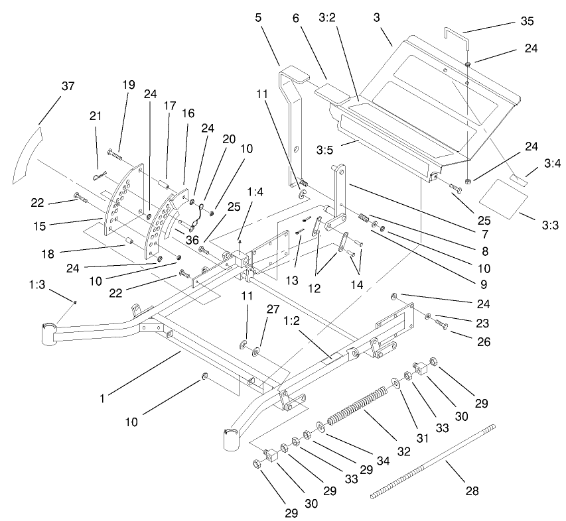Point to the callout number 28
click(x=471, y=491)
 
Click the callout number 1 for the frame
click(x=103, y=398)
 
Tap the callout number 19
click(x=128, y=84)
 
